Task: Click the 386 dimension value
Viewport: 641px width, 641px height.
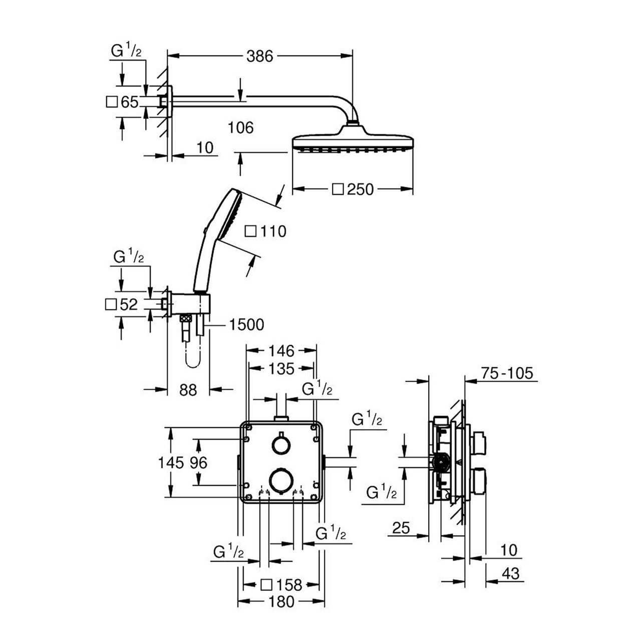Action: pos(259,57)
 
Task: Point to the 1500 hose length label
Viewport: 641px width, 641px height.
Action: pos(246,325)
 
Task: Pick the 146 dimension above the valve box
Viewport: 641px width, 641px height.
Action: pos(281,351)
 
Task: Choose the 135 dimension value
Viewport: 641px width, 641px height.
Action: pos(281,369)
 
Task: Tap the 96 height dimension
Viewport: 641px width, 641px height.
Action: pos(198,462)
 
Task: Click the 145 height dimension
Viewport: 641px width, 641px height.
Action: pos(171,462)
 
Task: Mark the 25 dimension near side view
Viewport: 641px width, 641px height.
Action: pos(401,528)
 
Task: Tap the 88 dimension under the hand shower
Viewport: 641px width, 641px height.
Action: pos(188,390)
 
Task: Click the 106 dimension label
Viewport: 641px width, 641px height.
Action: pos(241,127)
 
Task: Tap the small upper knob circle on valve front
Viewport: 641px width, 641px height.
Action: pos(281,444)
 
